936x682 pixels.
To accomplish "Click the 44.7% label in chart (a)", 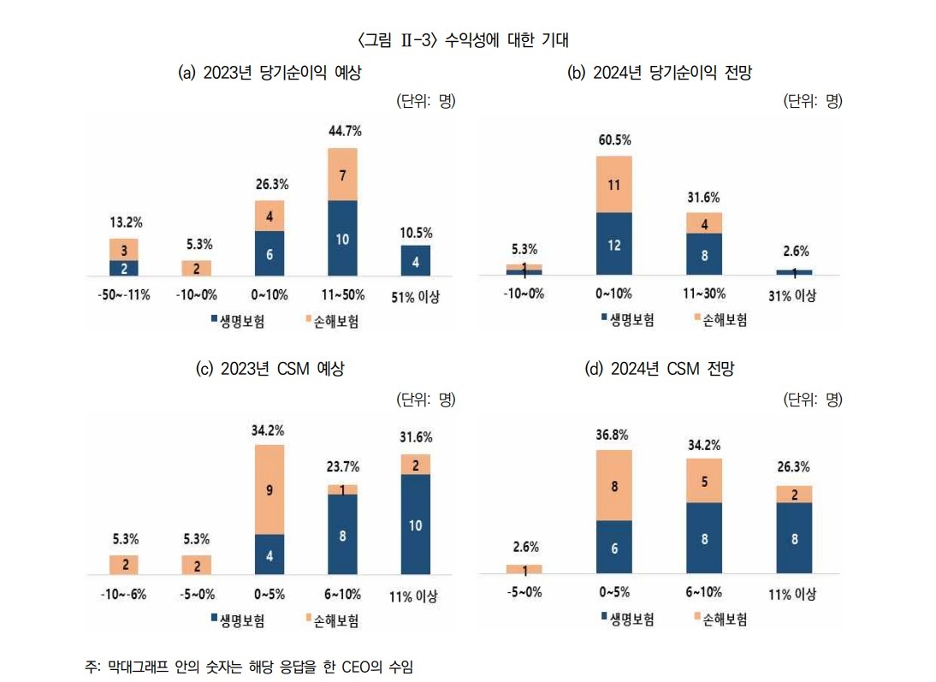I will coord(344,131).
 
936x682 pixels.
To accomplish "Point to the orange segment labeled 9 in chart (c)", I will coord(270,490).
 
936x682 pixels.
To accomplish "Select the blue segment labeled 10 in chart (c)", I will coord(416,525).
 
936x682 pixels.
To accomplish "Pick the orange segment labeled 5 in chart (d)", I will coord(705,481).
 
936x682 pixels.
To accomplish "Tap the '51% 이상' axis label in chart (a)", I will coord(416,296).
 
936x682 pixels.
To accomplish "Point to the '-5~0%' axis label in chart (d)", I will coord(524,593).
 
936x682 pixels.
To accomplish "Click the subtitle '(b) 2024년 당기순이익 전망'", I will coord(660,74).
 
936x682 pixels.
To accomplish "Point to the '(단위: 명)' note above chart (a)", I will coord(426,102).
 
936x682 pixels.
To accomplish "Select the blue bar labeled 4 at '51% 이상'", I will coord(416,261).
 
